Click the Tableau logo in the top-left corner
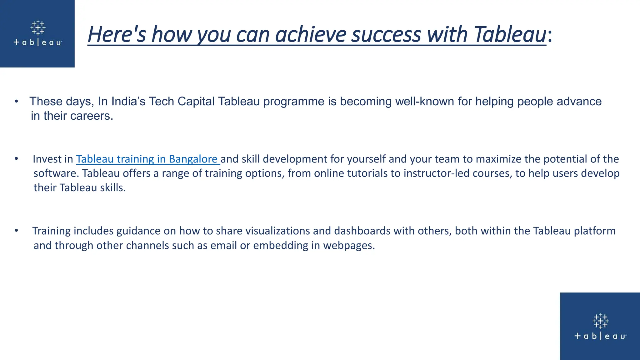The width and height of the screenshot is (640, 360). click(38, 33)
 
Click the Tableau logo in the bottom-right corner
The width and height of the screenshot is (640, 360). click(600, 327)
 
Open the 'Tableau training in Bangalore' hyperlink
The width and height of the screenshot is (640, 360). click(147, 159)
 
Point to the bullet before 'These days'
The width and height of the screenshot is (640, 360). click(16, 102)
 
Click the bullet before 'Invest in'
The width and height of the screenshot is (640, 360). click(16, 159)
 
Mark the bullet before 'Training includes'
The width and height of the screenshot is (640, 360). click(16, 231)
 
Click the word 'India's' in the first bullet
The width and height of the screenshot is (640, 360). click(128, 102)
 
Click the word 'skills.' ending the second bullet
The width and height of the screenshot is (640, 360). click(112, 188)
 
